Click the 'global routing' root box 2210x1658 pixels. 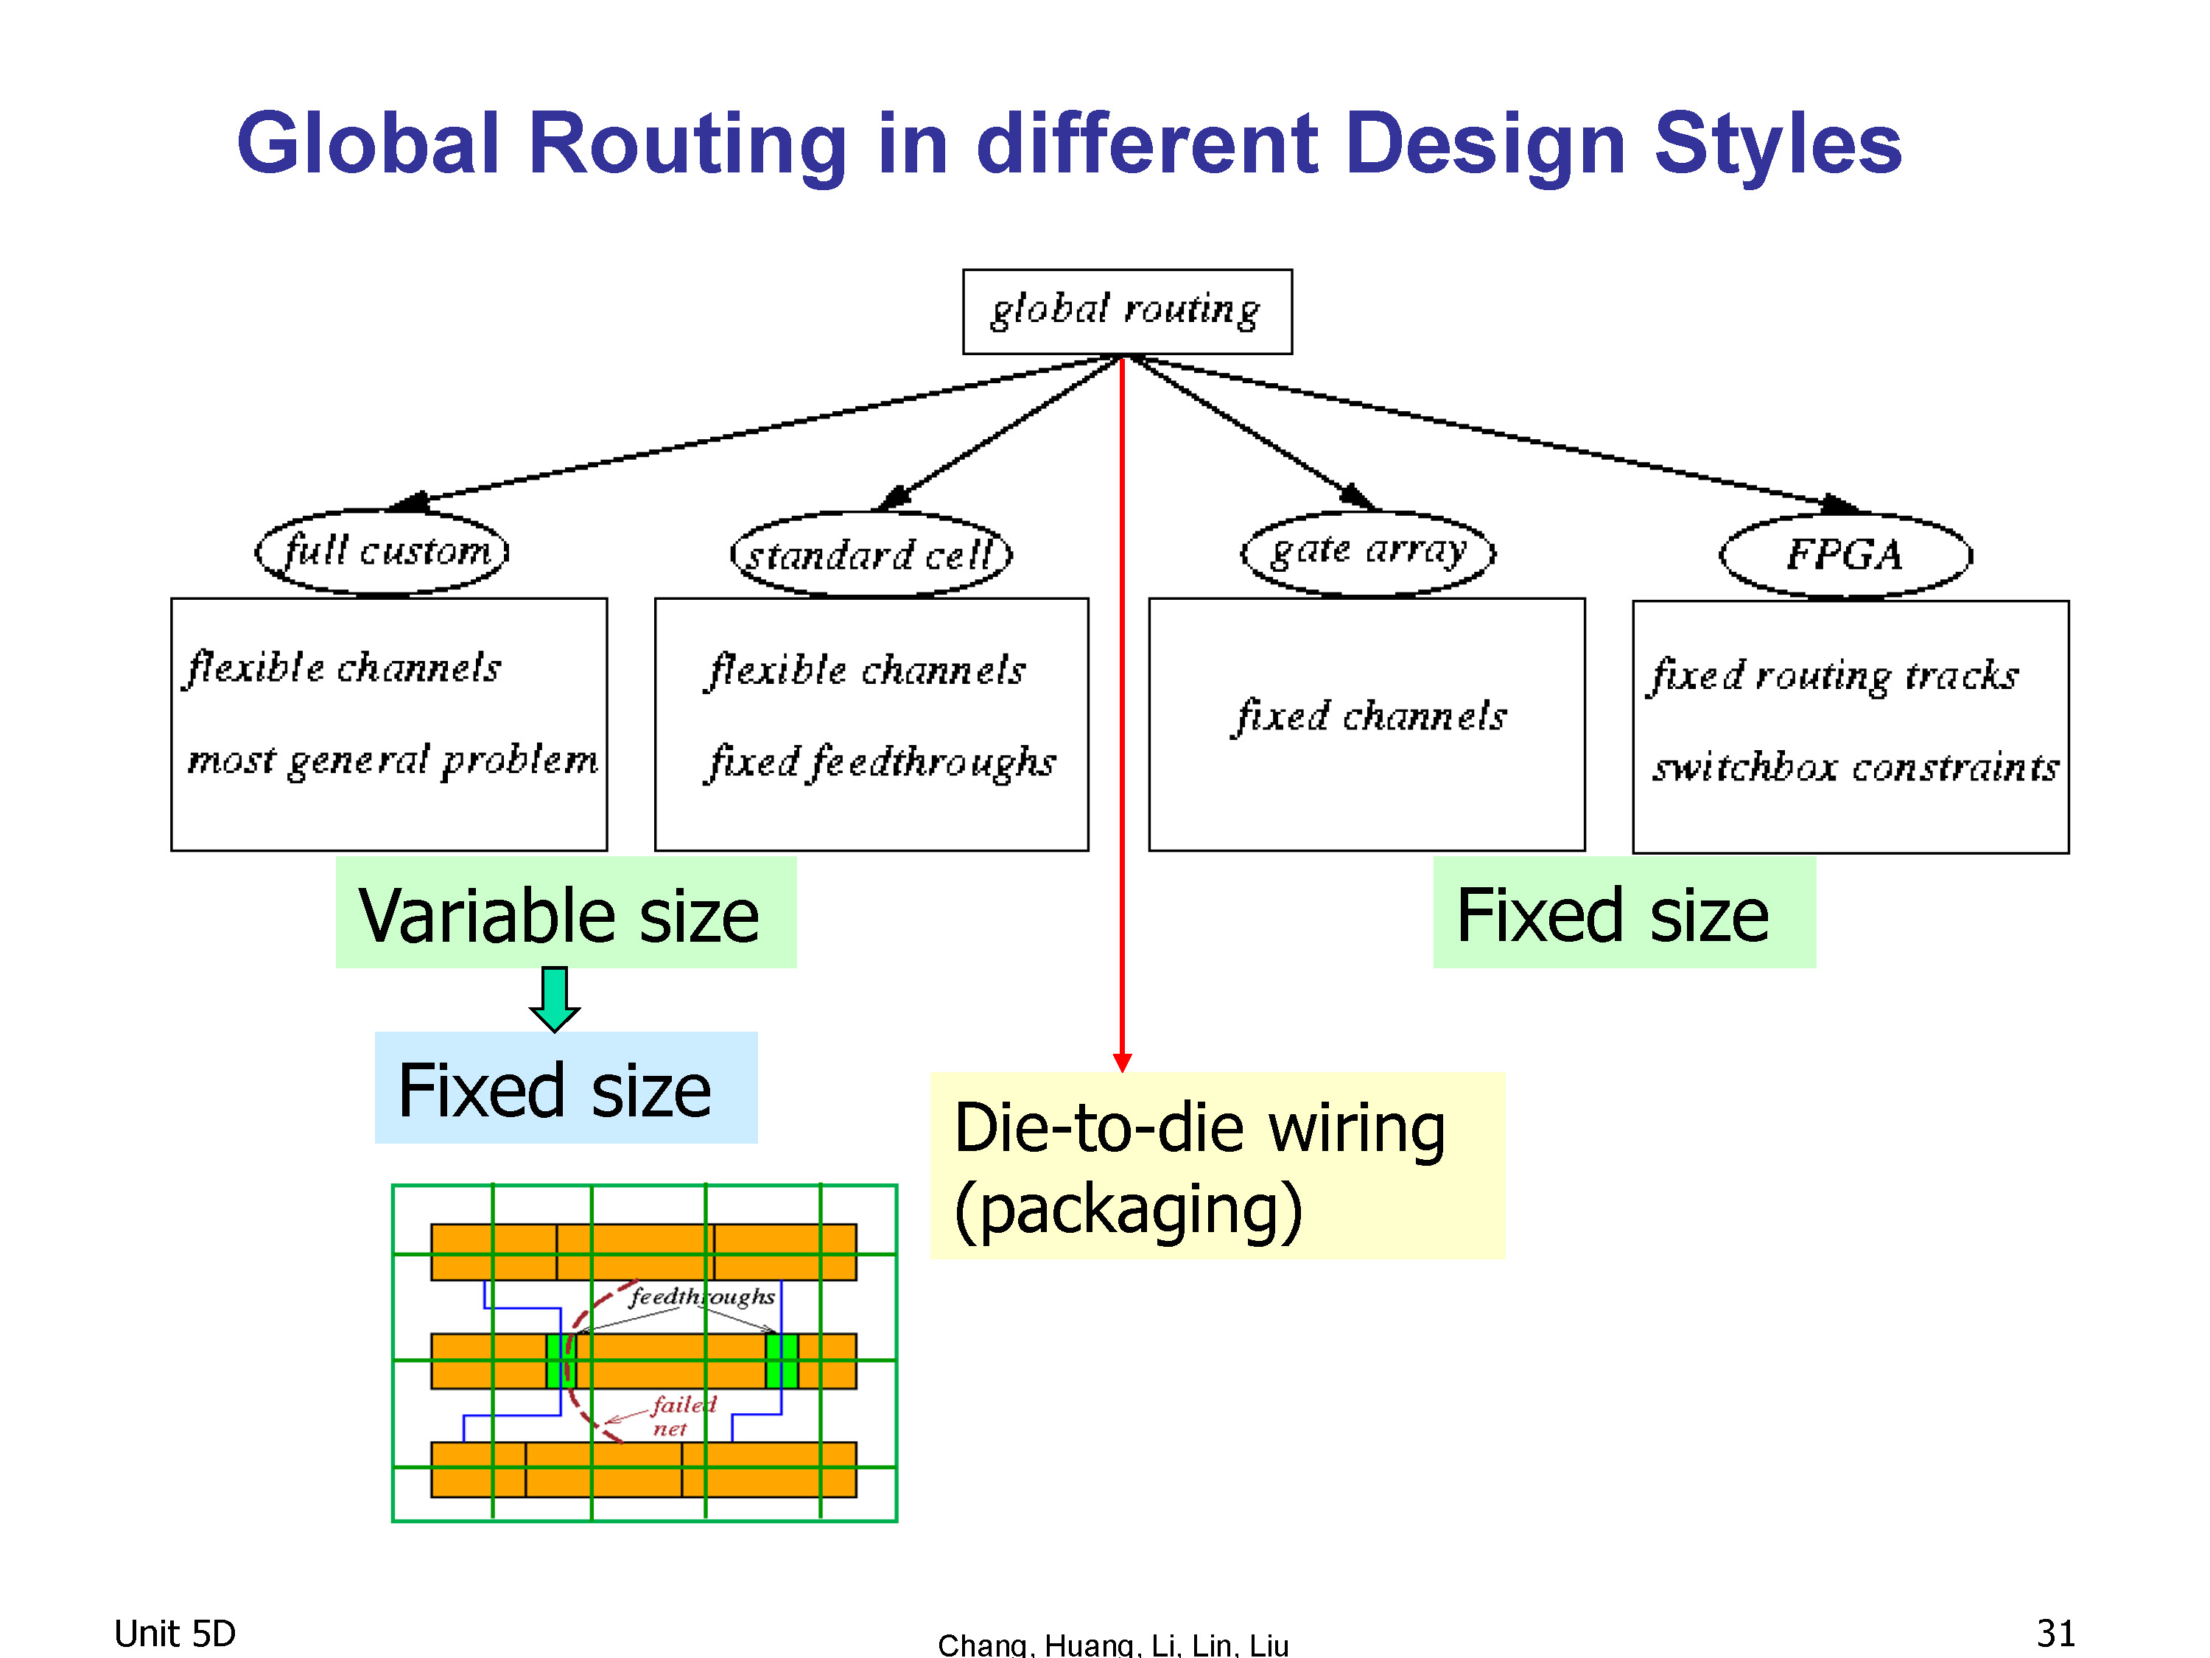[1127, 311]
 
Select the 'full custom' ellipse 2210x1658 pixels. [382, 552]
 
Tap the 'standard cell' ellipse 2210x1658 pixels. [871, 555]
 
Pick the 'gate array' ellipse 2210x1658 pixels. [1368, 553]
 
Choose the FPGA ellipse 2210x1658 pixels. [1845, 556]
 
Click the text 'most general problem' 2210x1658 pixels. [393, 760]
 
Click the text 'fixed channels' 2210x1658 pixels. [1369, 716]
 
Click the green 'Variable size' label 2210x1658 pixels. [566, 912]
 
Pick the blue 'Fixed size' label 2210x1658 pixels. [566, 1088]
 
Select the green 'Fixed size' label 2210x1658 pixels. [1624, 912]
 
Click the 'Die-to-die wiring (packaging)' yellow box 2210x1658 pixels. [1217, 1165]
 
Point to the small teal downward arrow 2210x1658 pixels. [555, 998]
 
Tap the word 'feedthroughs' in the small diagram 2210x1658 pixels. [701, 1297]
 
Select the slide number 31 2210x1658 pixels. [2055, 1633]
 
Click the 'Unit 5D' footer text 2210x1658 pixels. [175, 1633]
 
